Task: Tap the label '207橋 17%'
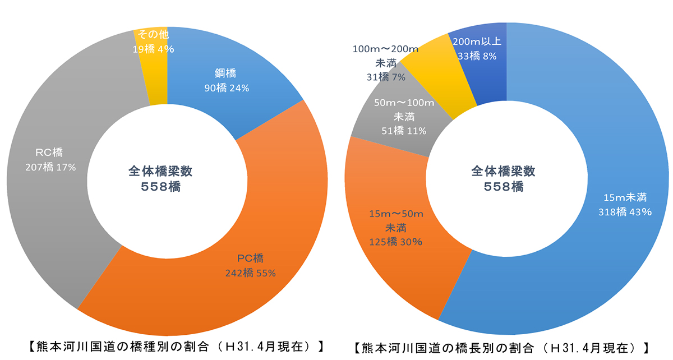click(50, 167)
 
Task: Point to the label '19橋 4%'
click(154, 49)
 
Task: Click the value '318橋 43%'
click(625, 211)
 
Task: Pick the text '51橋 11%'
click(404, 131)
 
